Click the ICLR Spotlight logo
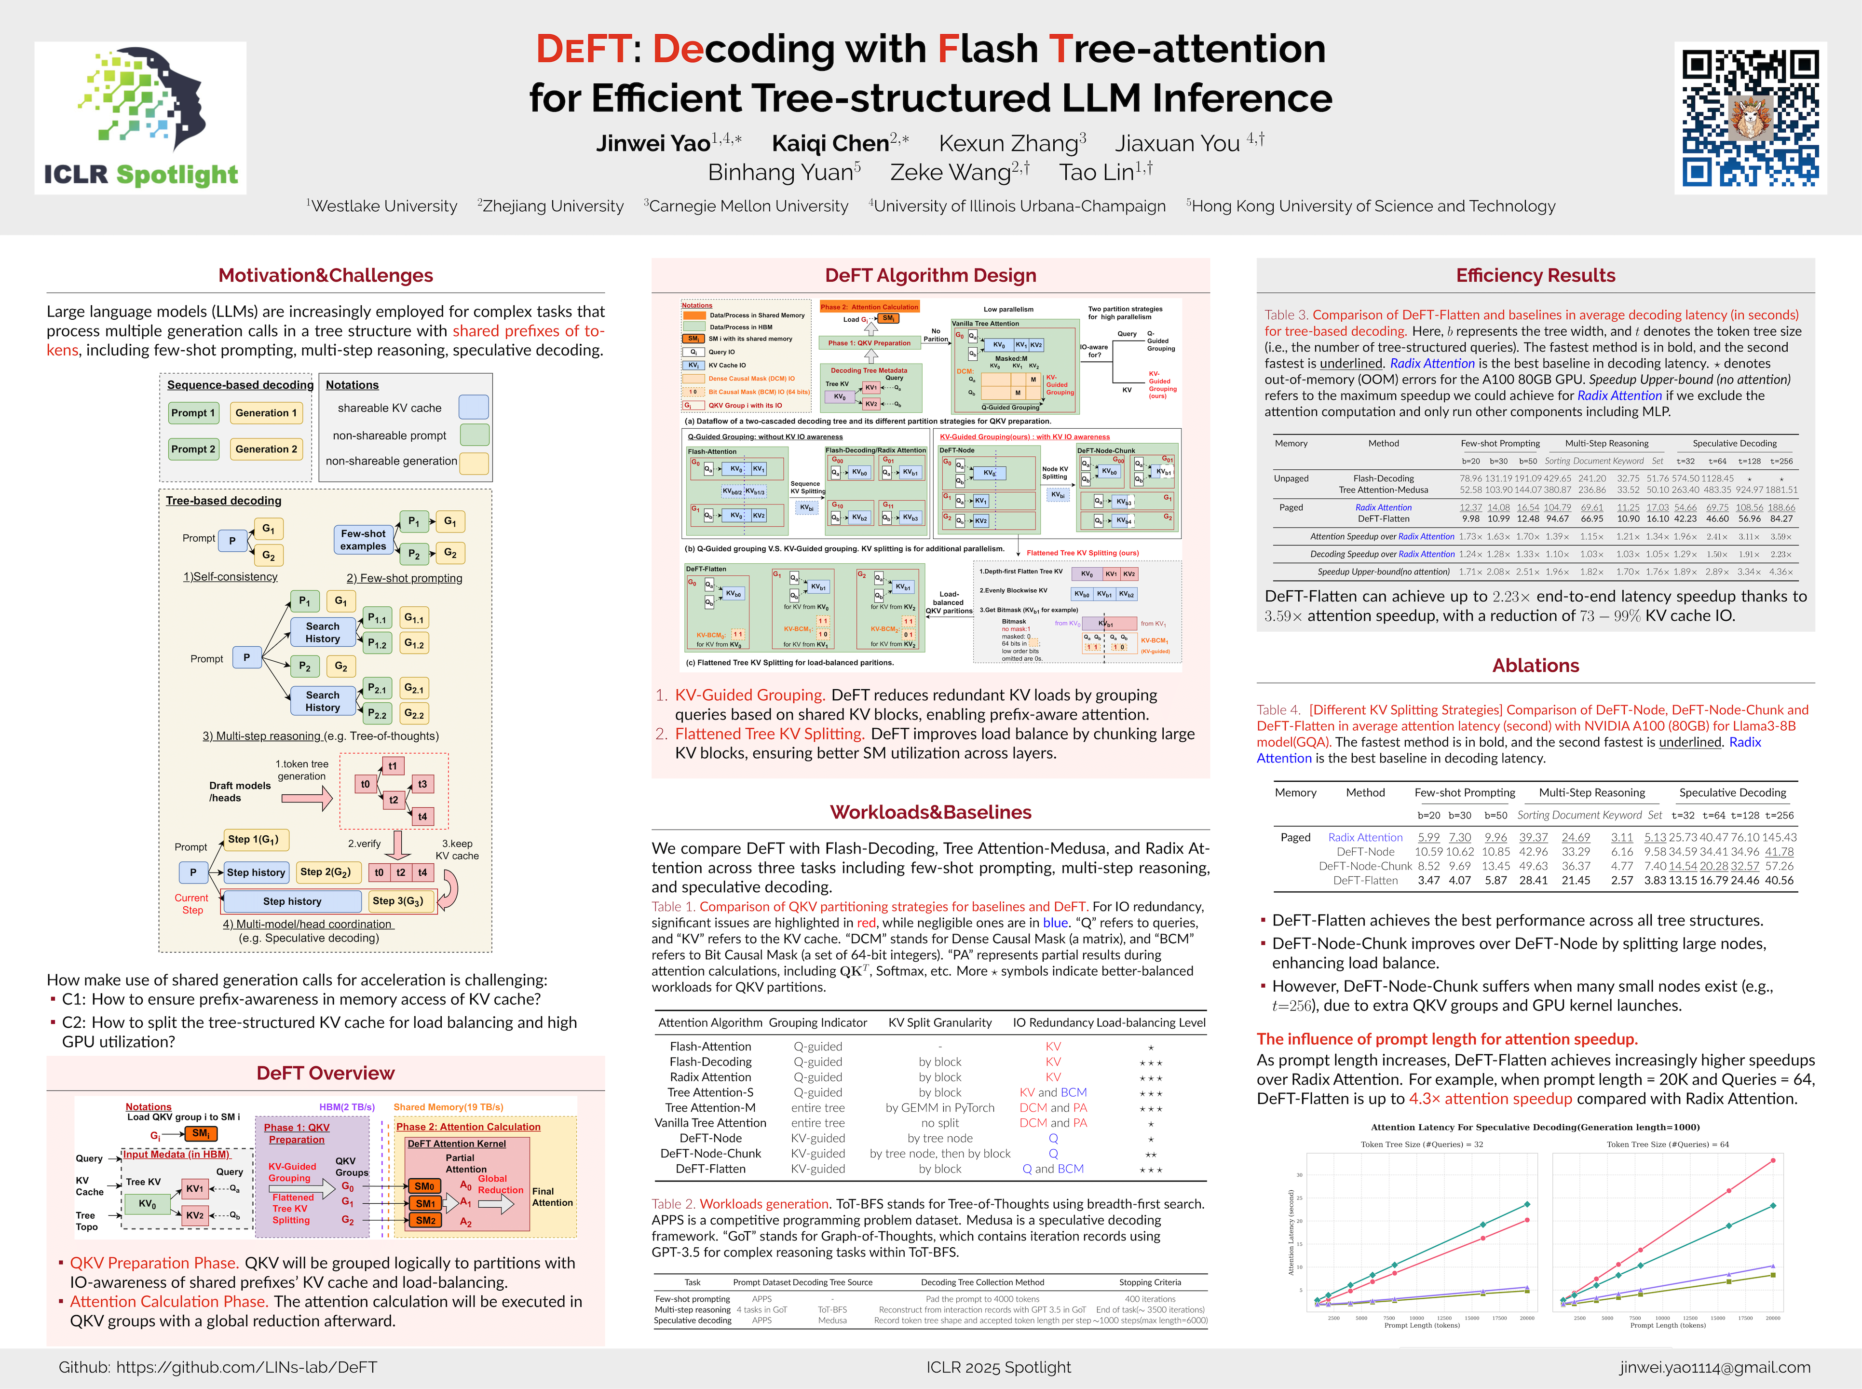pos(140,118)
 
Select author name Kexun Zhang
pos(1012,144)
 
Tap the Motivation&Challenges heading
pos(326,276)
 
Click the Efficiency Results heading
pos(1535,276)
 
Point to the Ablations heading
pos(1535,666)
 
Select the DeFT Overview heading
pos(326,1074)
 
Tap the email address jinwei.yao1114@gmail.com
pos(1715,1367)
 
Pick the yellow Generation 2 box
pos(266,449)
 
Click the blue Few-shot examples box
pos(363,540)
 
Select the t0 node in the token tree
pos(365,784)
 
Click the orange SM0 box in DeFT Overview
pos(424,1186)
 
